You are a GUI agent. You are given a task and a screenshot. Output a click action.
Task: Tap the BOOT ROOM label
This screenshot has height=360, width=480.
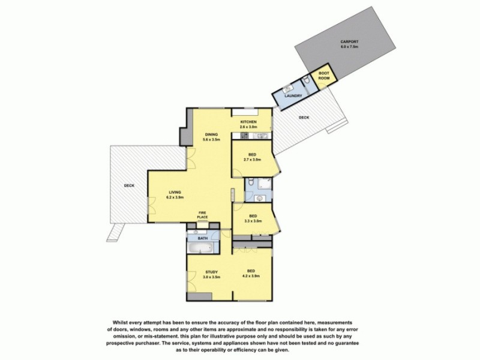[x=323, y=76]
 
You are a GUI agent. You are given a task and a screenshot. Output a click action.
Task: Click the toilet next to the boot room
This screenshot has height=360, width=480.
[x=307, y=80]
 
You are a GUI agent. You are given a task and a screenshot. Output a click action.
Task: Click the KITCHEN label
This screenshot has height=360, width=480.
[x=248, y=122]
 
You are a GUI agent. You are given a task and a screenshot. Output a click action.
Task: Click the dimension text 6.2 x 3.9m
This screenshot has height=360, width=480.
[x=176, y=197]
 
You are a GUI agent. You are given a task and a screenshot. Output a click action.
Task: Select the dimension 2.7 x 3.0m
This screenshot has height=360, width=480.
[x=252, y=160]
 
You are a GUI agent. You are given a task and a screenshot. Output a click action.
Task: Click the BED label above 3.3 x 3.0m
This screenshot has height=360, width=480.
[x=253, y=216]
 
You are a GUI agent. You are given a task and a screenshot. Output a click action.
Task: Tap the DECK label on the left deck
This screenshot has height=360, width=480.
[x=129, y=185]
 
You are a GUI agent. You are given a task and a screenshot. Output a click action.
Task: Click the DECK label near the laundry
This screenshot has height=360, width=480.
[x=304, y=118]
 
